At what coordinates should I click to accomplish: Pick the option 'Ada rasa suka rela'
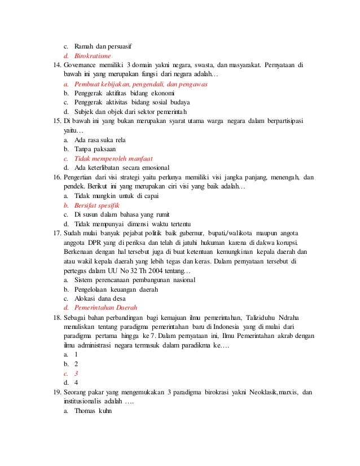99,139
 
